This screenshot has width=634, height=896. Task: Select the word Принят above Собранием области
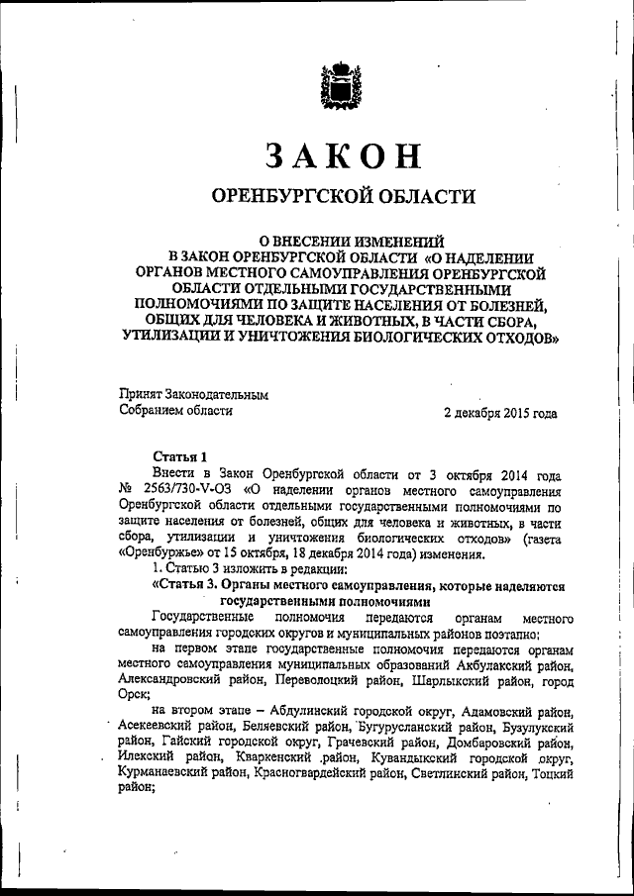[141, 393]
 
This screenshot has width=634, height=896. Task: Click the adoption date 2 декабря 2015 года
[500, 412]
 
